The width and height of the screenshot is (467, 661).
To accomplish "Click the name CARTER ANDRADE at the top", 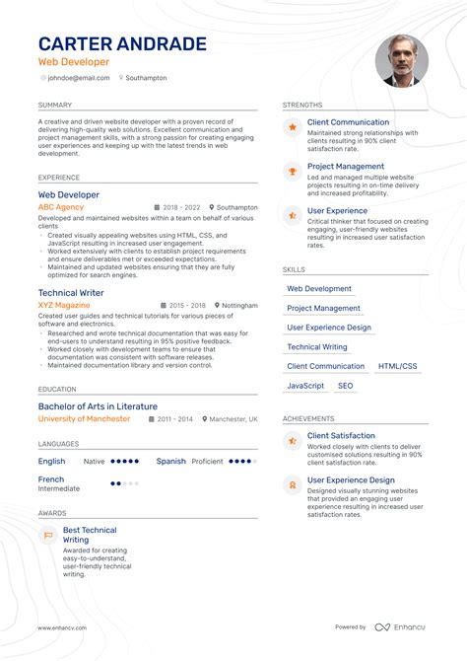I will tap(122, 44).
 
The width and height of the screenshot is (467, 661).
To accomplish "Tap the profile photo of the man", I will tap(401, 61).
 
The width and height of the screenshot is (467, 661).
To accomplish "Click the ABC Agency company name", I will tap(60, 208).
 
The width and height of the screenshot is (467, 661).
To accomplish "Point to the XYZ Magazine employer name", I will tap(64, 306).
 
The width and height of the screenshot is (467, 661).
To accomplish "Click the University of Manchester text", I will tap(84, 418).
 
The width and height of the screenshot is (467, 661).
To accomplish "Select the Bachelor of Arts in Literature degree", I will tap(98, 405).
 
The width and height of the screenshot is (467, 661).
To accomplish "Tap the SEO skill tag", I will tap(345, 386).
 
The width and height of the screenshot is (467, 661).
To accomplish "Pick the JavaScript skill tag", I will tap(305, 386).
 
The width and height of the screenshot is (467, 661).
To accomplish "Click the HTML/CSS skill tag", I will tap(396, 366).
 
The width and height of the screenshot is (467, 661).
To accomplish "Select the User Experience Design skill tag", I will tap(329, 328).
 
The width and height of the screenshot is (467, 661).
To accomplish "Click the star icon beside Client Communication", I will tap(292, 127).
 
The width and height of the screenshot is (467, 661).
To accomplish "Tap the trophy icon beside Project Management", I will tap(292, 172).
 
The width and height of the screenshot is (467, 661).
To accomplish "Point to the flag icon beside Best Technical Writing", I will tap(47, 536).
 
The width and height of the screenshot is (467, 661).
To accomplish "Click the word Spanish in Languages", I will tap(170, 461).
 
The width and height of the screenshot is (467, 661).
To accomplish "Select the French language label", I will tap(51, 478).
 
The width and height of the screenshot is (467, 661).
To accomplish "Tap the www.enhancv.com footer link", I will tap(62, 627).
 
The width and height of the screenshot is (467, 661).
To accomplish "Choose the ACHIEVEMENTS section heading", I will tap(308, 418).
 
